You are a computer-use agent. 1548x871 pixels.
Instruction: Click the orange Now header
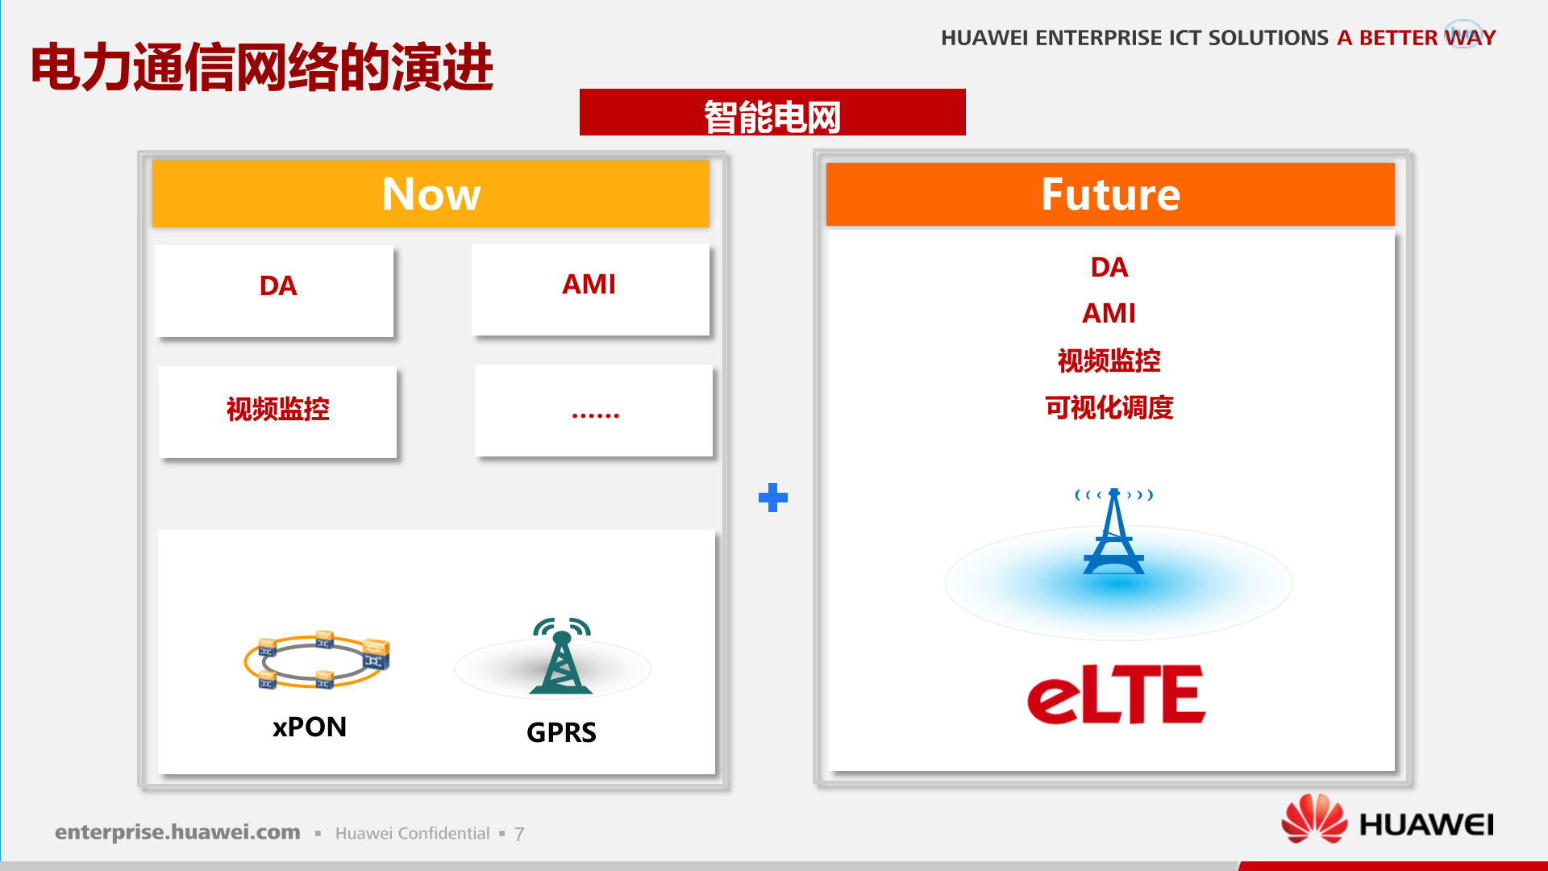pyautogui.click(x=431, y=194)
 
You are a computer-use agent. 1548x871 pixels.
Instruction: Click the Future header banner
pyautogui.click(x=1110, y=194)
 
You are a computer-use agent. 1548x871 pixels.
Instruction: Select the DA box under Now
pyautogui.click(x=275, y=290)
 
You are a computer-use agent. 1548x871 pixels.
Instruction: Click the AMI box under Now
pyautogui.click(x=590, y=288)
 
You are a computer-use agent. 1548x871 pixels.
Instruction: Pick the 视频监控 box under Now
pyautogui.click(x=277, y=410)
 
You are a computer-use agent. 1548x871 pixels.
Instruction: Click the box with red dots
pyautogui.click(x=594, y=410)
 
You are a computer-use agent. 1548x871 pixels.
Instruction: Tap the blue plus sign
pyautogui.click(x=772, y=498)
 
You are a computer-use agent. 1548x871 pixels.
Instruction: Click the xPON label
pyautogui.click(x=310, y=727)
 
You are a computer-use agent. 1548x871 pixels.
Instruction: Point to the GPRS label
pyautogui.click(x=561, y=732)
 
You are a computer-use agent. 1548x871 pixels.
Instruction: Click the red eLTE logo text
pyautogui.click(x=1116, y=694)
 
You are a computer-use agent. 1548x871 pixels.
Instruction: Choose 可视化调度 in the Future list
pyautogui.click(x=1109, y=407)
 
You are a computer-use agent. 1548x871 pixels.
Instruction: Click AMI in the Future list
pyautogui.click(x=1109, y=313)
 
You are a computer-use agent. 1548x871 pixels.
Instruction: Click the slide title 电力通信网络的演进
pyautogui.click(x=262, y=67)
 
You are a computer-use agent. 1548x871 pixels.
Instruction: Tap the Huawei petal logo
pyautogui.click(x=1314, y=819)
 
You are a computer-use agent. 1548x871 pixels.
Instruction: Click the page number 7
pyautogui.click(x=519, y=834)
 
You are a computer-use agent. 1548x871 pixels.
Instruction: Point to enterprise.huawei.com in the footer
pyautogui.click(x=177, y=831)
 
